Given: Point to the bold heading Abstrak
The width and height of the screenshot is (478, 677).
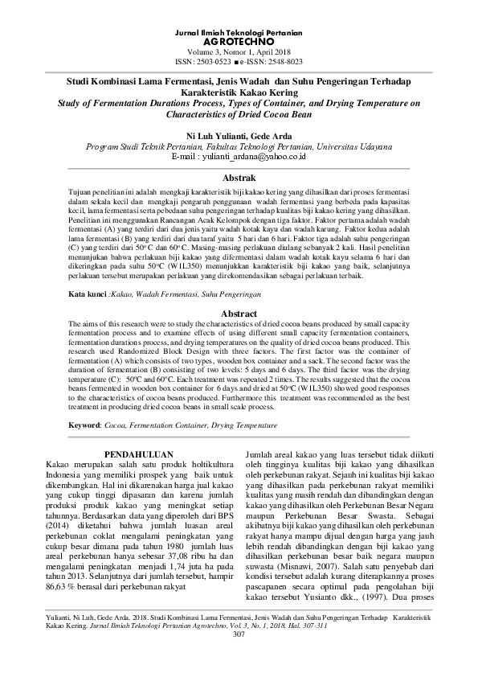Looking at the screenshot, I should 239,177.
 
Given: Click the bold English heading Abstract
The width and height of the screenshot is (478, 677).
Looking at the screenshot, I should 239,314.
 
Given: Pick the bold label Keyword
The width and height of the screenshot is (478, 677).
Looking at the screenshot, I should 85,424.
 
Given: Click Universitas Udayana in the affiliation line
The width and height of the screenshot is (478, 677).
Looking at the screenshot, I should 353,148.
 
